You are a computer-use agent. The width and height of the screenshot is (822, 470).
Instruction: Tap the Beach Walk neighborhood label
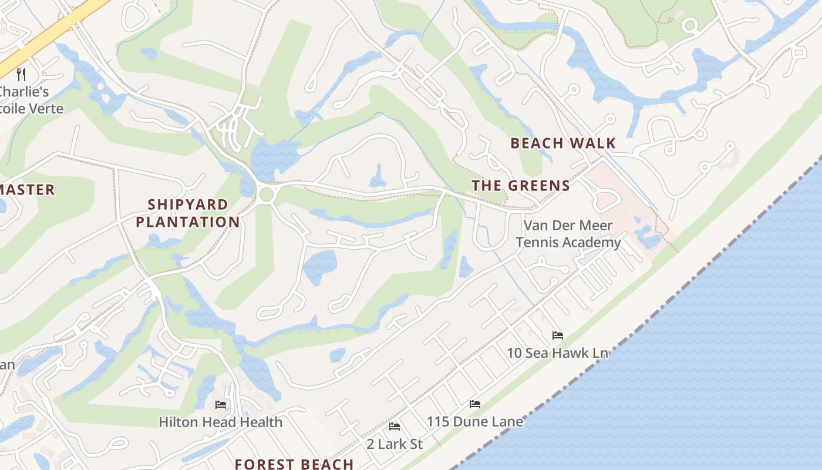(x=562, y=143)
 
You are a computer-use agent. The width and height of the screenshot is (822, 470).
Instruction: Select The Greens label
(x=521, y=186)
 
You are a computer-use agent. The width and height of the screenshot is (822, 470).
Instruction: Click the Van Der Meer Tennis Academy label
(x=568, y=234)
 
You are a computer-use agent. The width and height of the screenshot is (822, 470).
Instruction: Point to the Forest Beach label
(x=294, y=464)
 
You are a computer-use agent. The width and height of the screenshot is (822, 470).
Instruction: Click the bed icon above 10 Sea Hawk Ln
(x=558, y=335)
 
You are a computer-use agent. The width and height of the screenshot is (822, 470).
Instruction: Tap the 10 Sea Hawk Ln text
(x=557, y=352)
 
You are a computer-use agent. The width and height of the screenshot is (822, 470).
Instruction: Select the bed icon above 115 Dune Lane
(x=475, y=404)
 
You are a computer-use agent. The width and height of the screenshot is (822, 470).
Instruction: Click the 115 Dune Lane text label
(x=474, y=421)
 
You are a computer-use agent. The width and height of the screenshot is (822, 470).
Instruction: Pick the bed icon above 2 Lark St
(x=395, y=427)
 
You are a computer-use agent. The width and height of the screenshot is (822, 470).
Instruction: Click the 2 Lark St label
(x=395, y=444)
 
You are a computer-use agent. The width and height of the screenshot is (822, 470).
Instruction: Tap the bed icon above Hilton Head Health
(x=221, y=405)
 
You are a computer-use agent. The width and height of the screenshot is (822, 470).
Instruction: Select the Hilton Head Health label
(x=221, y=422)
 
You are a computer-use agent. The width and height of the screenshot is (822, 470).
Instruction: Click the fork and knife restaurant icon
(x=21, y=74)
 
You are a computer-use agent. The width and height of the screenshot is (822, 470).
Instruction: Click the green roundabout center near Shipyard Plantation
(x=266, y=194)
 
